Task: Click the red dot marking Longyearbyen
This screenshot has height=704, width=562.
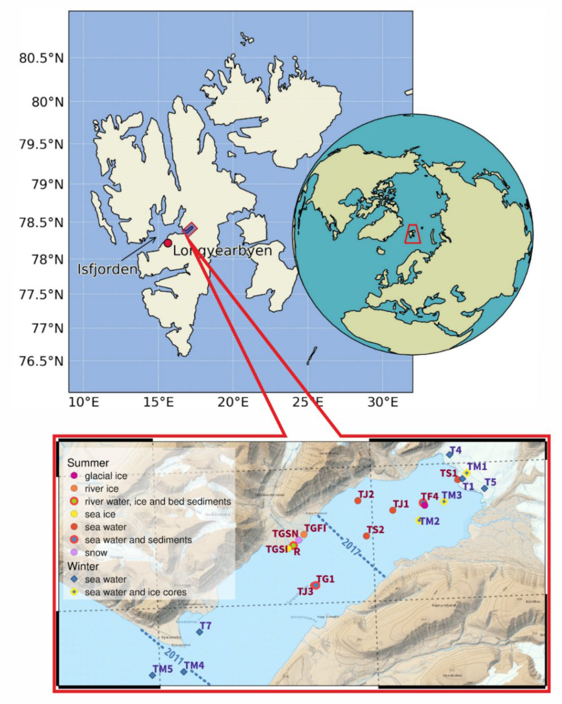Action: (168, 243)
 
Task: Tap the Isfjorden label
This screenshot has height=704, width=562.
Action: (107, 269)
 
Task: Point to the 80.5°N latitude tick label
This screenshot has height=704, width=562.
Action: (41, 59)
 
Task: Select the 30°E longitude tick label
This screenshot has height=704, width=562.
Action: (383, 402)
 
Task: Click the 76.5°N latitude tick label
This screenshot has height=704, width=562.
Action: (41, 361)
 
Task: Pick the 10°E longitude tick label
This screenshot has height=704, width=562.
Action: (84, 402)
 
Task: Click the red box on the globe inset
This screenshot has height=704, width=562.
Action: (413, 234)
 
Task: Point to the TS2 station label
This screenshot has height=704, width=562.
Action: (375, 530)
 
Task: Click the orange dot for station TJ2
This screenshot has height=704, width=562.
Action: (358, 501)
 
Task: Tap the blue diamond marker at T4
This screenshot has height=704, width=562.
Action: (450, 455)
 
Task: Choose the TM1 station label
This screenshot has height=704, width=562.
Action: (477, 467)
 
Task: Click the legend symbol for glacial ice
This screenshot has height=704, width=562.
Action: (74, 476)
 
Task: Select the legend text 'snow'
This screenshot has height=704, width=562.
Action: (96, 552)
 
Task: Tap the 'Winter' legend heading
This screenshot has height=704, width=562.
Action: (83, 566)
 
